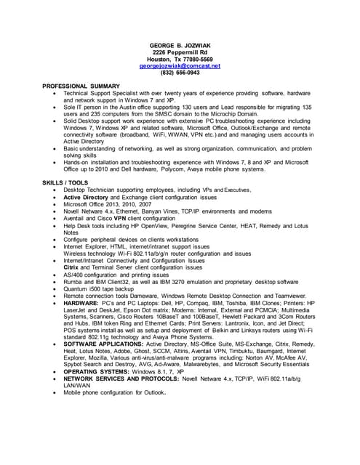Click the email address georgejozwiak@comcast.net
click(x=180, y=65)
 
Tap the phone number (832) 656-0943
click(x=180, y=73)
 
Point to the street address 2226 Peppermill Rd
click(x=180, y=52)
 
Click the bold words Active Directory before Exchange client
click(x=90, y=197)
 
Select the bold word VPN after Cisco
click(x=121, y=218)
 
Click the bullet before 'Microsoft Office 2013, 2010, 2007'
click(x=55, y=204)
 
